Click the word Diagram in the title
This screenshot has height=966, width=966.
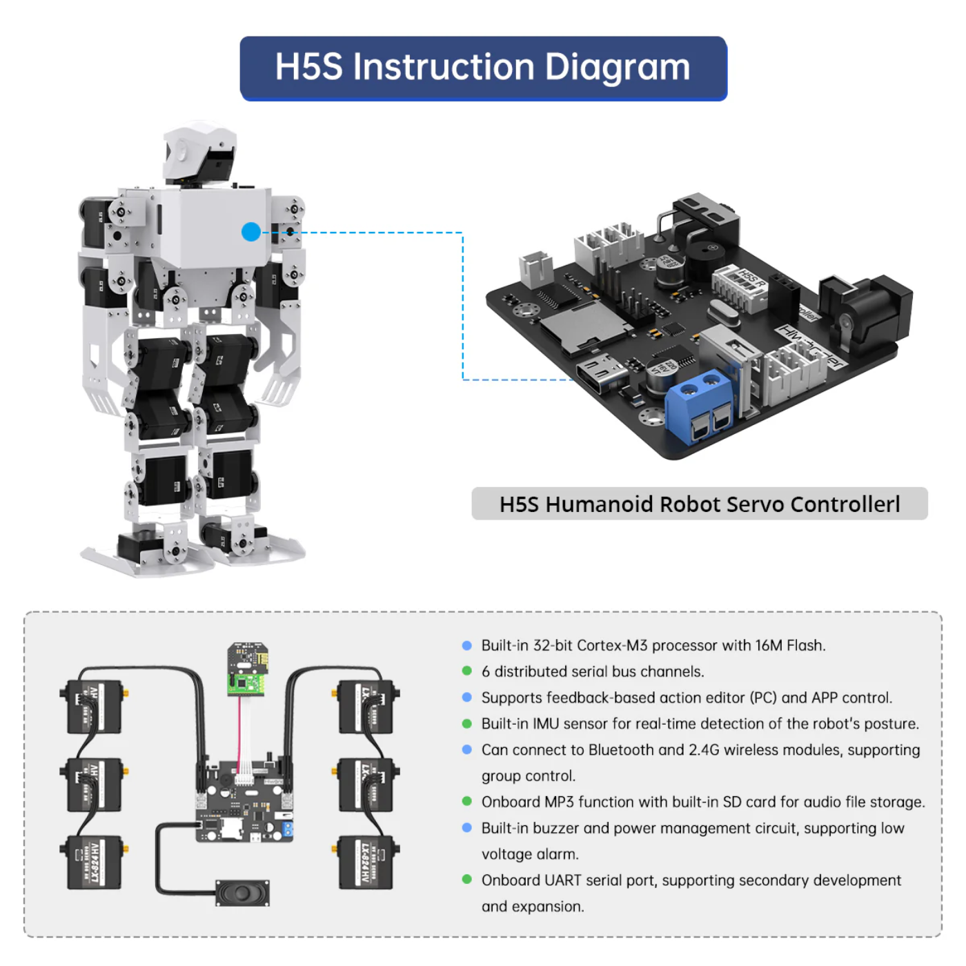(617, 68)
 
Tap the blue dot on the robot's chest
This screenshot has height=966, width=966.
(251, 232)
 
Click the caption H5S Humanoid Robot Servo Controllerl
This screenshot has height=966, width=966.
(699, 504)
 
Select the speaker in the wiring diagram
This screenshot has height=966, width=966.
(242, 893)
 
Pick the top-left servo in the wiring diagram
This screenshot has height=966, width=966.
(94, 706)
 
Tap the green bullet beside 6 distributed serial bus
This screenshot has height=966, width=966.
(467, 671)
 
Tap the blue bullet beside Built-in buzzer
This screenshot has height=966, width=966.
(467, 828)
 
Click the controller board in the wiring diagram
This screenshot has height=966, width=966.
(244, 800)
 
